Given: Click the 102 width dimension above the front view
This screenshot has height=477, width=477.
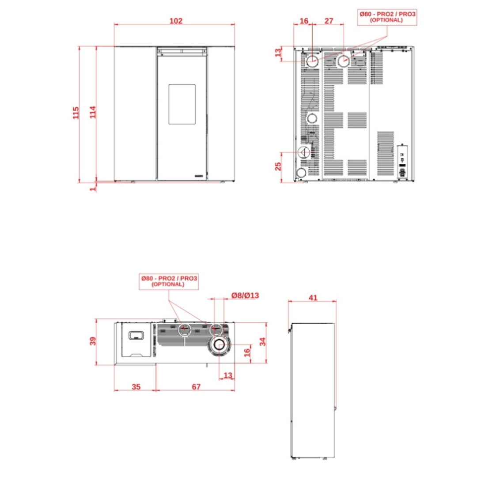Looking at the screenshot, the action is (x=176, y=21).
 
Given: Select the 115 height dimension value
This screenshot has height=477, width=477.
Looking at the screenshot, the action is (x=76, y=113).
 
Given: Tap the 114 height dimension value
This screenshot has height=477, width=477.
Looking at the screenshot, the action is (x=93, y=112).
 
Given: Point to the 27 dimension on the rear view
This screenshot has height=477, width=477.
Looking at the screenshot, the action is (x=329, y=21).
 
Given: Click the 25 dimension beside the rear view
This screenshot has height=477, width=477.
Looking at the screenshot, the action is (x=278, y=167).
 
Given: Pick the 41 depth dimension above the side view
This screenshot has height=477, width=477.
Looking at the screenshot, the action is (x=313, y=298).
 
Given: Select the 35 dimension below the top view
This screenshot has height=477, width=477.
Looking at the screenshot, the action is (x=136, y=386).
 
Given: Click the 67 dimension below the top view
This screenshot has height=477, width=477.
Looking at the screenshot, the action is (x=196, y=386).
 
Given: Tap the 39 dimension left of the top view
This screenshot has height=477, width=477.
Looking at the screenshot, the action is (x=93, y=341).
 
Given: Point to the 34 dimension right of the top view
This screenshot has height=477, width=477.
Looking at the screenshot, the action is (x=262, y=341).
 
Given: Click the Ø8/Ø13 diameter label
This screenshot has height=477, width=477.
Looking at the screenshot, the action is (x=245, y=295).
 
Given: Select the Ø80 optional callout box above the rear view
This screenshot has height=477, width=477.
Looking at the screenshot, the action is (x=387, y=17).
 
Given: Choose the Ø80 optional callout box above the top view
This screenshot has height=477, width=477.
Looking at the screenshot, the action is (x=169, y=281).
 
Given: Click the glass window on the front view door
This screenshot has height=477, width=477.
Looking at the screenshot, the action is (x=182, y=104).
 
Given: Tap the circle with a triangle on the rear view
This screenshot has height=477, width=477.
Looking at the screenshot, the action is (x=303, y=152).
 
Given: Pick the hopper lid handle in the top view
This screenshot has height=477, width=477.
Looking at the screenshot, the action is (x=136, y=335).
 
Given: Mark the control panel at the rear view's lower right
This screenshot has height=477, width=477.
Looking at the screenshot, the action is (x=402, y=161).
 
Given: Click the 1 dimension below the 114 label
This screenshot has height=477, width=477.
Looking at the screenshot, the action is (x=93, y=189).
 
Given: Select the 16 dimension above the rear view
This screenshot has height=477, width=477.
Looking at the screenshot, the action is (x=304, y=21).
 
